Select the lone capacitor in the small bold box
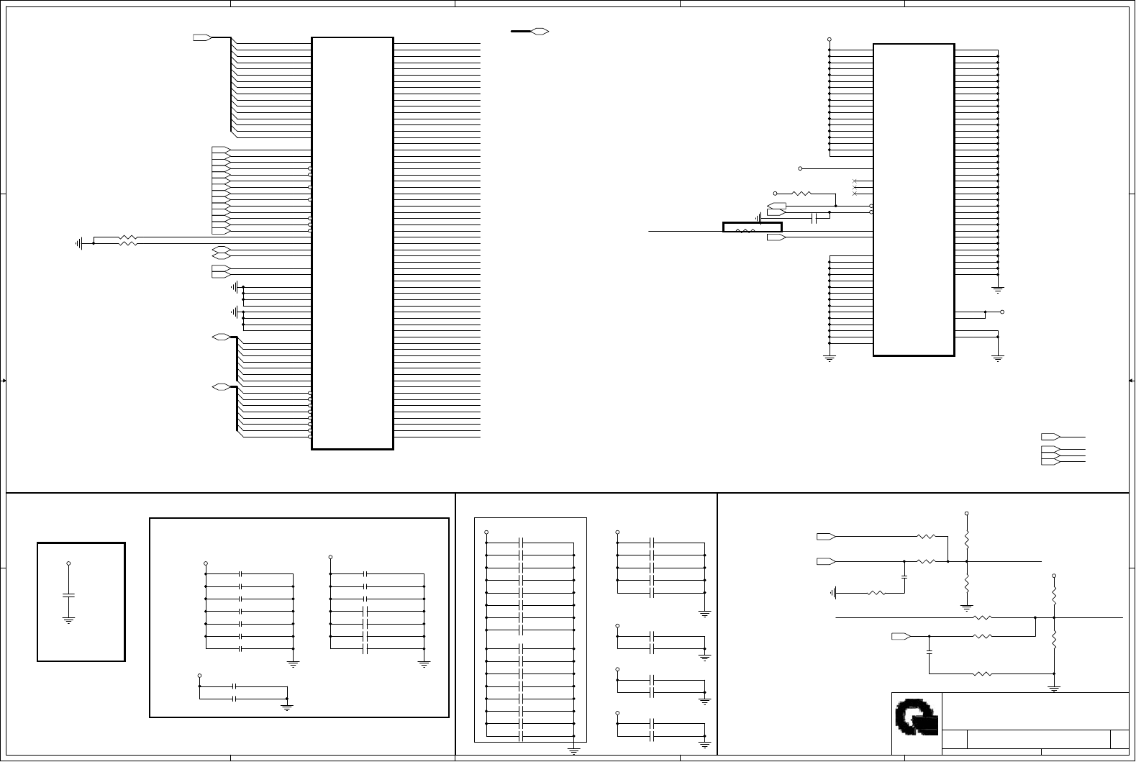pos(68,596)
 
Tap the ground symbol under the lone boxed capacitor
pos(68,620)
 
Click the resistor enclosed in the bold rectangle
pos(745,231)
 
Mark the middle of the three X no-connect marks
pos(855,187)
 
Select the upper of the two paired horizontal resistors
pos(127,237)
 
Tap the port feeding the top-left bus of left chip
pos(202,37)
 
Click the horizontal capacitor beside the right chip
pos(814,218)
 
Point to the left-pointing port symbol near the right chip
pos(776,207)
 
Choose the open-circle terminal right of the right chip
pos(1002,312)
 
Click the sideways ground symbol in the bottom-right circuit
pos(834,593)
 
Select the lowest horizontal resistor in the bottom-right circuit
pos(982,674)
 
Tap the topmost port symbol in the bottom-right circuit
pos(826,537)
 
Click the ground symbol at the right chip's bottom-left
pos(830,358)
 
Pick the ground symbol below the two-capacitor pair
pos(287,707)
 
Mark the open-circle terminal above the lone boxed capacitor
pos(68,563)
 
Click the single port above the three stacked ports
pos(1050,437)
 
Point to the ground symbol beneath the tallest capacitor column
pos(574,750)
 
